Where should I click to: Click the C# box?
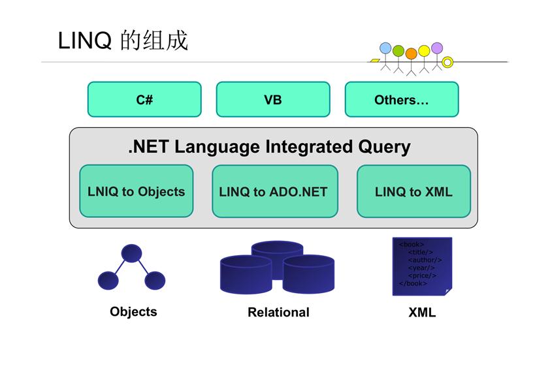coord(144,99)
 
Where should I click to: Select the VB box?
coord(273,99)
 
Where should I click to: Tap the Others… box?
coord(401,99)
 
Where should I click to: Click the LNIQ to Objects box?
coord(137,191)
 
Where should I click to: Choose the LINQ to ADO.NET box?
coord(274,191)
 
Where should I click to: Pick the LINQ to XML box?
coord(413,191)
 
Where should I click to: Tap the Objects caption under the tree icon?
coord(133,311)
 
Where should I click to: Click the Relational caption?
coord(278,312)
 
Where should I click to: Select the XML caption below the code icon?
coord(422,312)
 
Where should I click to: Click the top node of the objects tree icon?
coord(131,253)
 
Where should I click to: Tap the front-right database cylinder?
coord(308,273)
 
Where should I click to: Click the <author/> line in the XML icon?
coord(425,260)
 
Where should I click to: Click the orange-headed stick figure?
coord(411,54)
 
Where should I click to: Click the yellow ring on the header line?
coord(447,63)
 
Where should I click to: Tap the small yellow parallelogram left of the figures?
coord(375,61)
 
